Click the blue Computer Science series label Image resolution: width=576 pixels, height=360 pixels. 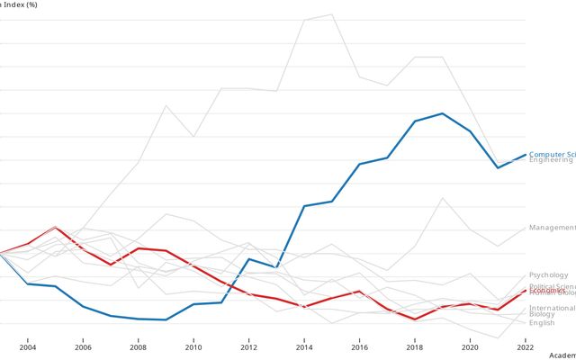552,154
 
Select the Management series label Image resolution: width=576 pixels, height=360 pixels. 552,228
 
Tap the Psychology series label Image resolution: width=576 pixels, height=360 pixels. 548,274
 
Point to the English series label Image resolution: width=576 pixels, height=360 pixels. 542,322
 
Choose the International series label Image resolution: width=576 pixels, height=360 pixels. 552,308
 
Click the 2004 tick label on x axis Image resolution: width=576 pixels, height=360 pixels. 28,346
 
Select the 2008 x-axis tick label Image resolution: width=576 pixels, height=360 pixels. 138,346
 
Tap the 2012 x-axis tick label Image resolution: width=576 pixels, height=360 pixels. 248,346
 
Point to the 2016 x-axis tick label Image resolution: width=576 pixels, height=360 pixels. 359,346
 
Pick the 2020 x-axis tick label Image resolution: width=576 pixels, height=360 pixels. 470,346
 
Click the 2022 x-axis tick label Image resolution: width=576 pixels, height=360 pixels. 525,346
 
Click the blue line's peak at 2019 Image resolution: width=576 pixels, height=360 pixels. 442,113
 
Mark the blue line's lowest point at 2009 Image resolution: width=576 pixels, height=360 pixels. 166,319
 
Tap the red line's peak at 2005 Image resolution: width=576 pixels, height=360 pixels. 56,227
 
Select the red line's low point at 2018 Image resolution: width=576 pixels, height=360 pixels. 415,319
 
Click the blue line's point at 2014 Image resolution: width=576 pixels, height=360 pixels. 304,206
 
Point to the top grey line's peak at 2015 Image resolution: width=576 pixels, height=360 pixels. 332,14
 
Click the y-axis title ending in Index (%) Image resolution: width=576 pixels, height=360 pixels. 21,4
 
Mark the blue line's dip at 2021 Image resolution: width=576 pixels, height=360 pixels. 498,167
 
